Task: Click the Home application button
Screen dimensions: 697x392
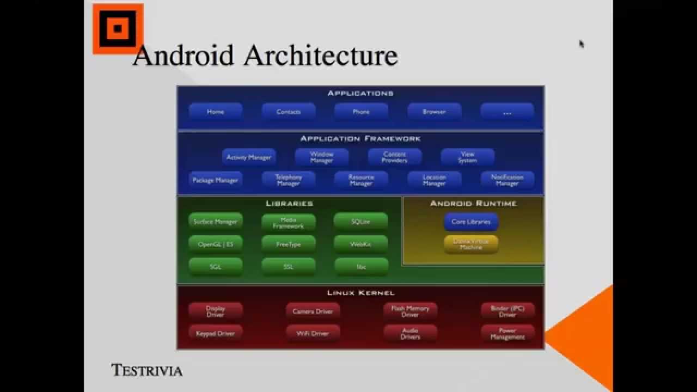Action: coord(216,112)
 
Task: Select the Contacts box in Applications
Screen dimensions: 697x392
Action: coord(289,112)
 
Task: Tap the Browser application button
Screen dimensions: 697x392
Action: coord(434,112)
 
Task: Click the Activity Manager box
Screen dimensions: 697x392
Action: coord(249,157)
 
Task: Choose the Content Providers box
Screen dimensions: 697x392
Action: coord(395,157)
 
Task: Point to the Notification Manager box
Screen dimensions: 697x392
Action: coord(507,180)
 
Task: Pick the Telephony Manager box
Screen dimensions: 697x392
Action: coord(289,180)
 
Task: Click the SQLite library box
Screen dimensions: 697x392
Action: coord(360,222)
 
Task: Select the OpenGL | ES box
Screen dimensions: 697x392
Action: coord(216,244)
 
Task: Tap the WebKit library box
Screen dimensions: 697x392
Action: coord(360,244)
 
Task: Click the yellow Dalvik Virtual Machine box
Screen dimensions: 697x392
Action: coord(471,244)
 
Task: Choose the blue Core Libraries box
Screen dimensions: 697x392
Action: coord(471,222)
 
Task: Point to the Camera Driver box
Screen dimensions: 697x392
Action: coord(313,311)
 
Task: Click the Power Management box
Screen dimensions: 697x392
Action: coord(507,334)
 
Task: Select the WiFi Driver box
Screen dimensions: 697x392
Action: coord(313,333)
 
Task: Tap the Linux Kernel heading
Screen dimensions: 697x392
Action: coord(360,293)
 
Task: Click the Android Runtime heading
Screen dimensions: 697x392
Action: coord(473,204)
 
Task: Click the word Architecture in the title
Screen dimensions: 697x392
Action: coord(321,56)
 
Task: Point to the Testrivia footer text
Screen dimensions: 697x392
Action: coord(147,371)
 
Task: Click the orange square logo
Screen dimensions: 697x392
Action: coord(118,29)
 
